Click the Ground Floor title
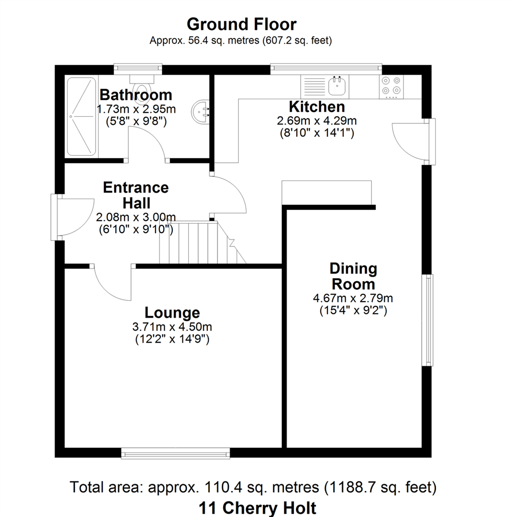(x=241, y=24)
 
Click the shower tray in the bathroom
(x=81, y=116)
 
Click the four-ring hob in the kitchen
(x=391, y=86)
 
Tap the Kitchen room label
(x=316, y=106)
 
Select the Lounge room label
(x=172, y=313)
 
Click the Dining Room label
(x=353, y=276)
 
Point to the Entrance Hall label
(x=136, y=194)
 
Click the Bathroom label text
(x=136, y=94)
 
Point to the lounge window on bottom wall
(x=175, y=452)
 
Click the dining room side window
(x=427, y=320)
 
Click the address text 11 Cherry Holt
(x=258, y=508)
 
